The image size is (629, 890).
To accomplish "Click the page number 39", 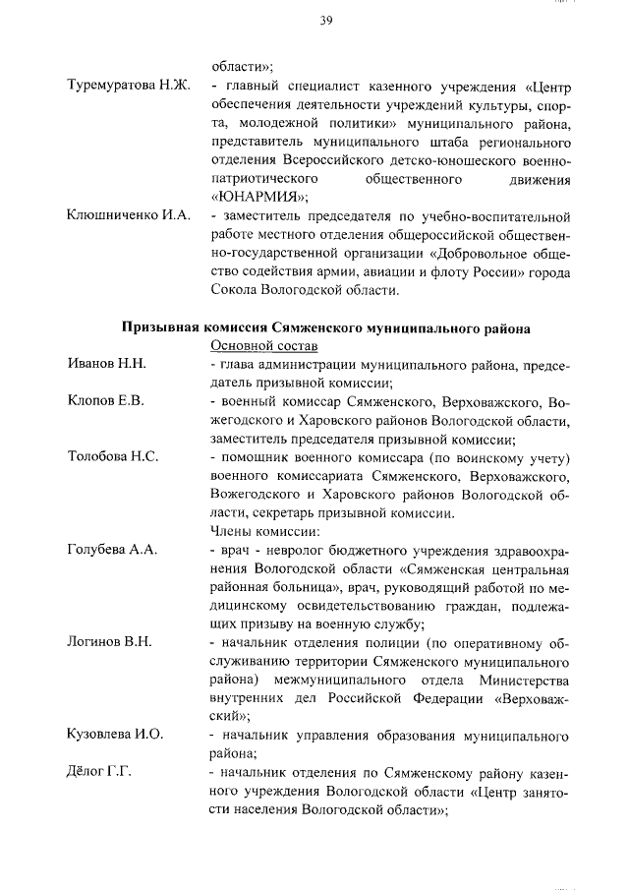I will (x=325, y=22).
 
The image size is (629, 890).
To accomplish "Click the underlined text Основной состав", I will (x=264, y=345).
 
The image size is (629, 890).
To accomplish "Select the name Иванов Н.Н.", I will (x=107, y=364).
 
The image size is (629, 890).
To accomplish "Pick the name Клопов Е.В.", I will (x=106, y=401).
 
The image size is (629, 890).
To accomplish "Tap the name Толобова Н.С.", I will (x=113, y=456).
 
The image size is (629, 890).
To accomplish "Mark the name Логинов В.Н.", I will (x=109, y=642).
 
